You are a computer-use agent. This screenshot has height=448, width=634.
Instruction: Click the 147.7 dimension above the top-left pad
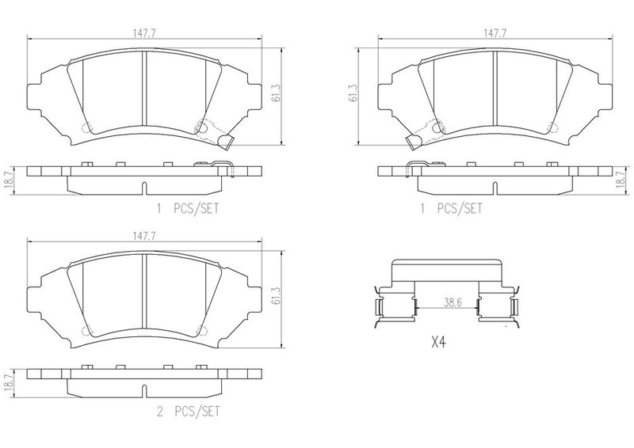pos(144,34)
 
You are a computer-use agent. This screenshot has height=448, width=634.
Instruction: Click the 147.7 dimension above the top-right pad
pos(495,34)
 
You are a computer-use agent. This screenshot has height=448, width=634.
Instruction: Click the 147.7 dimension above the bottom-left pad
pos(144,237)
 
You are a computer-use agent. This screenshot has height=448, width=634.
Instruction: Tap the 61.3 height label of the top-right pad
pos(353,93)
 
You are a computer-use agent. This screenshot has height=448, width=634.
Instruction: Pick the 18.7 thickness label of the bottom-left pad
pos(8,381)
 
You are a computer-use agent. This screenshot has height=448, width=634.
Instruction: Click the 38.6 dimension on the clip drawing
pos(453,302)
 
